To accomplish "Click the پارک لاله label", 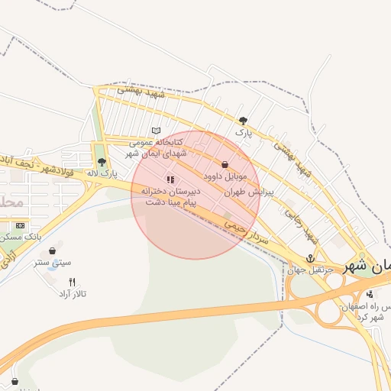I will click(x=103, y=173).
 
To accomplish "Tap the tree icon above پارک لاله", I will click(x=102, y=162).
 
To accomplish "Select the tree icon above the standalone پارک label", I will click(x=243, y=120).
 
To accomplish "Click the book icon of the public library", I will click(x=157, y=131).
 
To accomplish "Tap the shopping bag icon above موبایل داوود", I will click(x=225, y=165).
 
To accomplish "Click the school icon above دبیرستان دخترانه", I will click(x=170, y=179).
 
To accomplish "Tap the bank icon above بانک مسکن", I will click(x=20, y=226).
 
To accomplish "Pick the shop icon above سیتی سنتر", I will click(x=52, y=250).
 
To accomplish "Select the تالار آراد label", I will click(x=73, y=293).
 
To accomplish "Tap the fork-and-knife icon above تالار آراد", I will click(x=73, y=282).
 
